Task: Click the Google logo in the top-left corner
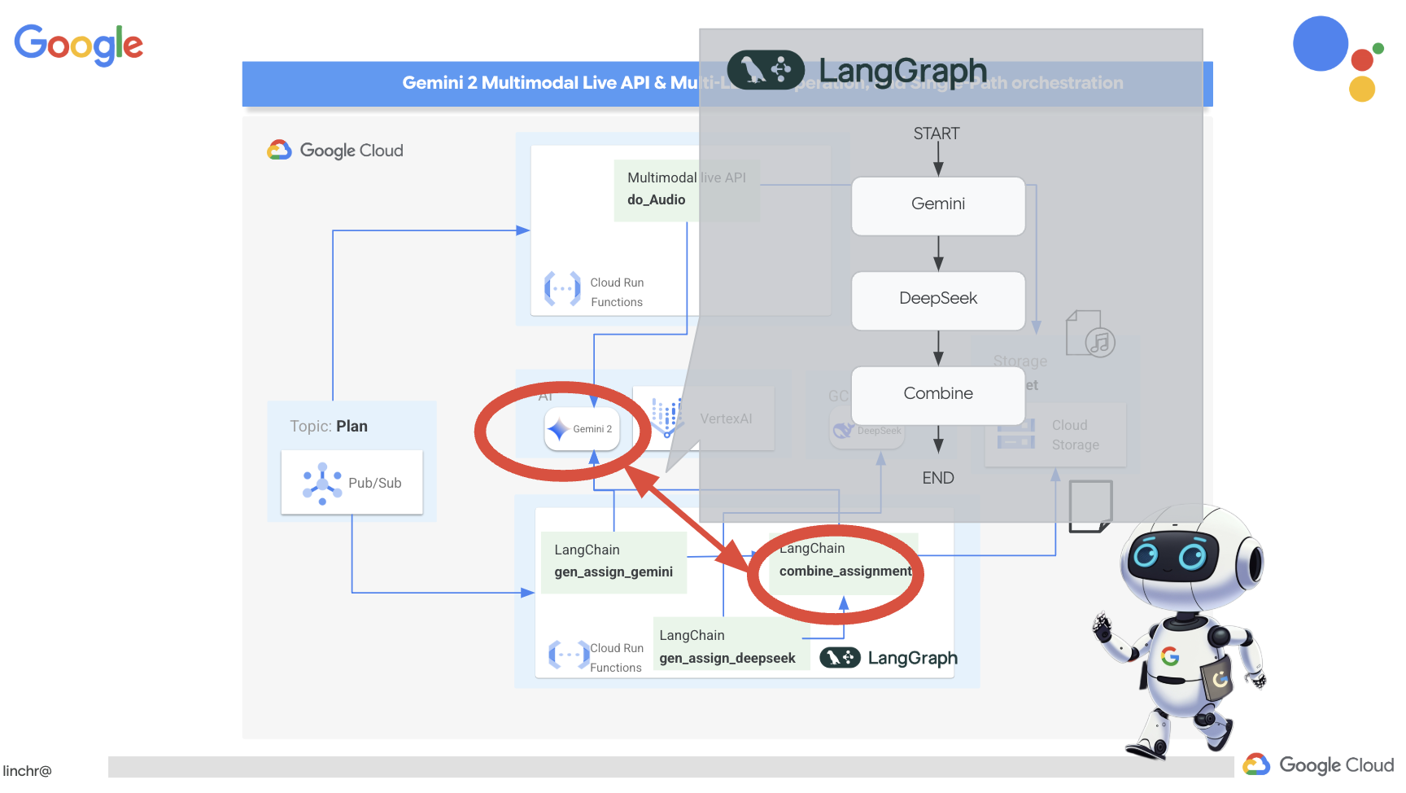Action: pos(79,44)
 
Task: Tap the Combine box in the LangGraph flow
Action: pos(937,394)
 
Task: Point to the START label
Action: pos(936,134)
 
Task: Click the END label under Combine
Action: pos(937,478)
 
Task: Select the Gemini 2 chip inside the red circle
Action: pos(582,429)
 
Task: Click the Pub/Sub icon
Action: pos(322,484)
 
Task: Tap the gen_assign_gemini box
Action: pos(613,562)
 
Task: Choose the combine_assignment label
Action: pos(845,572)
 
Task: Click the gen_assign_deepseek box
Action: pos(727,647)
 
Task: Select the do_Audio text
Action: pos(656,200)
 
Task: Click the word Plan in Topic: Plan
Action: pos(351,427)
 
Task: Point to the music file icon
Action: pos(1089,334)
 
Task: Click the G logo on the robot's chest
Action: pos(1170,656)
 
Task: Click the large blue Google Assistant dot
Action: pos(1320,44)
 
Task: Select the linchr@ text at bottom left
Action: pos(27,771)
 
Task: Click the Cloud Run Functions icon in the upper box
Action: pos(562,290)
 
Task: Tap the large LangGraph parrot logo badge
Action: pos(765,70)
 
